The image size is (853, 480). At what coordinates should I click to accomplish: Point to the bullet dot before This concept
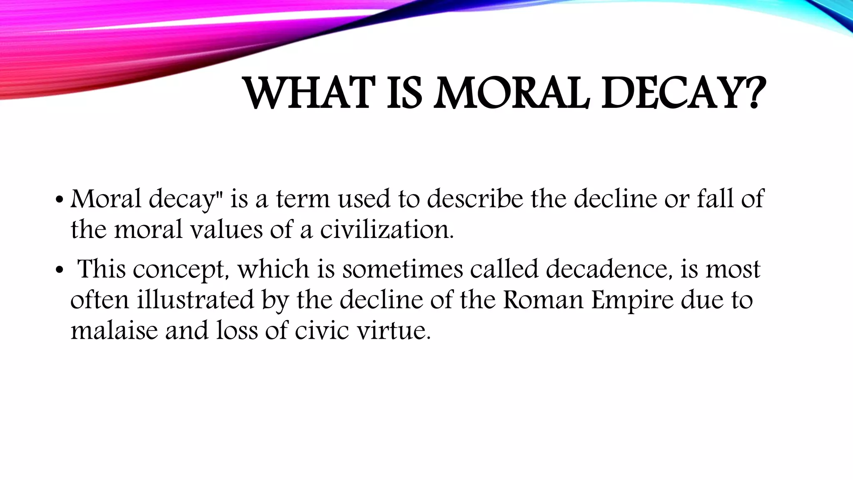pos(59,270)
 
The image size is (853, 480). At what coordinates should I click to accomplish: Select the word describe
pos(475,199)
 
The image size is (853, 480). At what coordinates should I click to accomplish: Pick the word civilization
pos(387,230)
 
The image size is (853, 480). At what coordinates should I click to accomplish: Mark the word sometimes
pos(402,269)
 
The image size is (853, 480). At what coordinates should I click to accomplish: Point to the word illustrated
pos(195,300)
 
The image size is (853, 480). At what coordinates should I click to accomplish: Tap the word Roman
pos(543,300)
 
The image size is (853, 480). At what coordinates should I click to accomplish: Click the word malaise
pos(114,331)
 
